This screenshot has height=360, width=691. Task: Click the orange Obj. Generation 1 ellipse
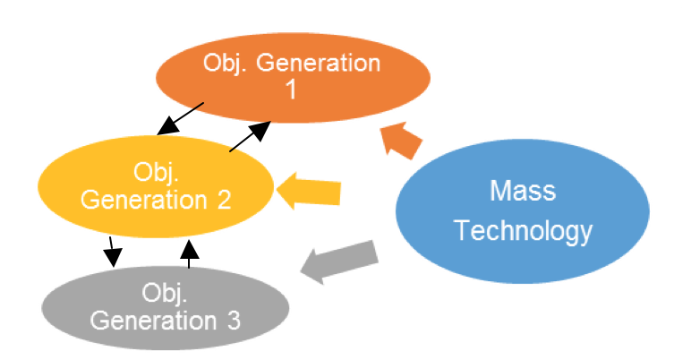tap(293, 78)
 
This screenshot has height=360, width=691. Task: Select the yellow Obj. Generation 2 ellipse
tap(156, 186)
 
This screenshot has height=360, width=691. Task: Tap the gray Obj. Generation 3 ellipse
tap(166, 307)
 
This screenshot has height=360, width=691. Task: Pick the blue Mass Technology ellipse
tap(522, 211)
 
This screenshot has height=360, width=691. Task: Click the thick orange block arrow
tap(400, 140)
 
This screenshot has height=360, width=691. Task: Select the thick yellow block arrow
tap(309, 191)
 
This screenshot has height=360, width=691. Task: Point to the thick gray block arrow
tap(339, 262)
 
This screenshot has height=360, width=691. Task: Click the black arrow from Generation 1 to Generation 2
tap(180, 119)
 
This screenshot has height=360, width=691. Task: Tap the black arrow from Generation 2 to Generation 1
tap(250, 137)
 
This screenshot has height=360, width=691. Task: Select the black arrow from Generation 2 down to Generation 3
tap(112, 252)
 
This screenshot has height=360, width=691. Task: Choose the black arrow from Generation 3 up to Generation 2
tap(190, 253)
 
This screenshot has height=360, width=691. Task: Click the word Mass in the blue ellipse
tap(523, 191)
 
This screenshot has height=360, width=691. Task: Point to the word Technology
tap(523, 231)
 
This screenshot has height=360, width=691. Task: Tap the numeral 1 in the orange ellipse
tap(291, 90)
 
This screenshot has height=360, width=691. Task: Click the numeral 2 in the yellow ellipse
tap(225, 200)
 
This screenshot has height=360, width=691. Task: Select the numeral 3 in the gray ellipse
tap(234, 321)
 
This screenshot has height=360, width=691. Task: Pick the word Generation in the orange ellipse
tap(318, 63)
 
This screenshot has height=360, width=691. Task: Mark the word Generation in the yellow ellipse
tap(144, 200)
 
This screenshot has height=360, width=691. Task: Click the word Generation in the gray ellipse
tap(153, 321)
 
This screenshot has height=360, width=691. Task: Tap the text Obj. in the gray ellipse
tap(165, 294)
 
